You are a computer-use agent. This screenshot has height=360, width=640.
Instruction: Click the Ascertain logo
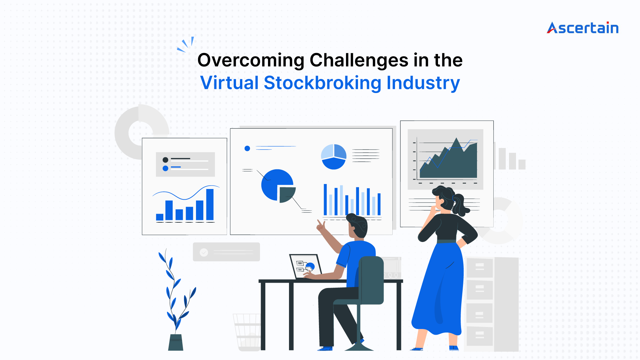[x=583, y=28]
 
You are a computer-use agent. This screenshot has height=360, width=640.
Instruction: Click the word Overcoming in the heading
[x=251, y=61]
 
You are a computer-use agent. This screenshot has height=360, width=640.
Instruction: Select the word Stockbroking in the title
[x=322, y=83]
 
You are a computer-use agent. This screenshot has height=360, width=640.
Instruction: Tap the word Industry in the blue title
[x=423, y=83]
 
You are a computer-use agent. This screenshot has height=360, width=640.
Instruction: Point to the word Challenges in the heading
[x=359, y=61]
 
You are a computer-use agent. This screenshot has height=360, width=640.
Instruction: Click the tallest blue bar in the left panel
[x=210, y=204]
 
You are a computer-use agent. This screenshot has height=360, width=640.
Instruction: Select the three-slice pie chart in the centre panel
[x=334, y=157]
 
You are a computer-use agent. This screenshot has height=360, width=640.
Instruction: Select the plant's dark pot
[x=176, y=342]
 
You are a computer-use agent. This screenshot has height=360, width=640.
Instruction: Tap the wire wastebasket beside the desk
[x=247, y=332]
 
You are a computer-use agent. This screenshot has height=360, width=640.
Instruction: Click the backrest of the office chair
[x=371, y=280]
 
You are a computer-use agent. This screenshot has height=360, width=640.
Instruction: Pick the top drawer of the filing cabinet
[x=480, y=268]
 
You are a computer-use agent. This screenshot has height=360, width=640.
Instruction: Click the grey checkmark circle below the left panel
[x=204, y=252]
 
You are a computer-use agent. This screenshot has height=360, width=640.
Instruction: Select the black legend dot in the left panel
[x=165, y=160]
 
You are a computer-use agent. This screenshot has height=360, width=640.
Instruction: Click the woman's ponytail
[x=460, y=205]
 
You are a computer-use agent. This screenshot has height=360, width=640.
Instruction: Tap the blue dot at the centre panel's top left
[x=247, y=148]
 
